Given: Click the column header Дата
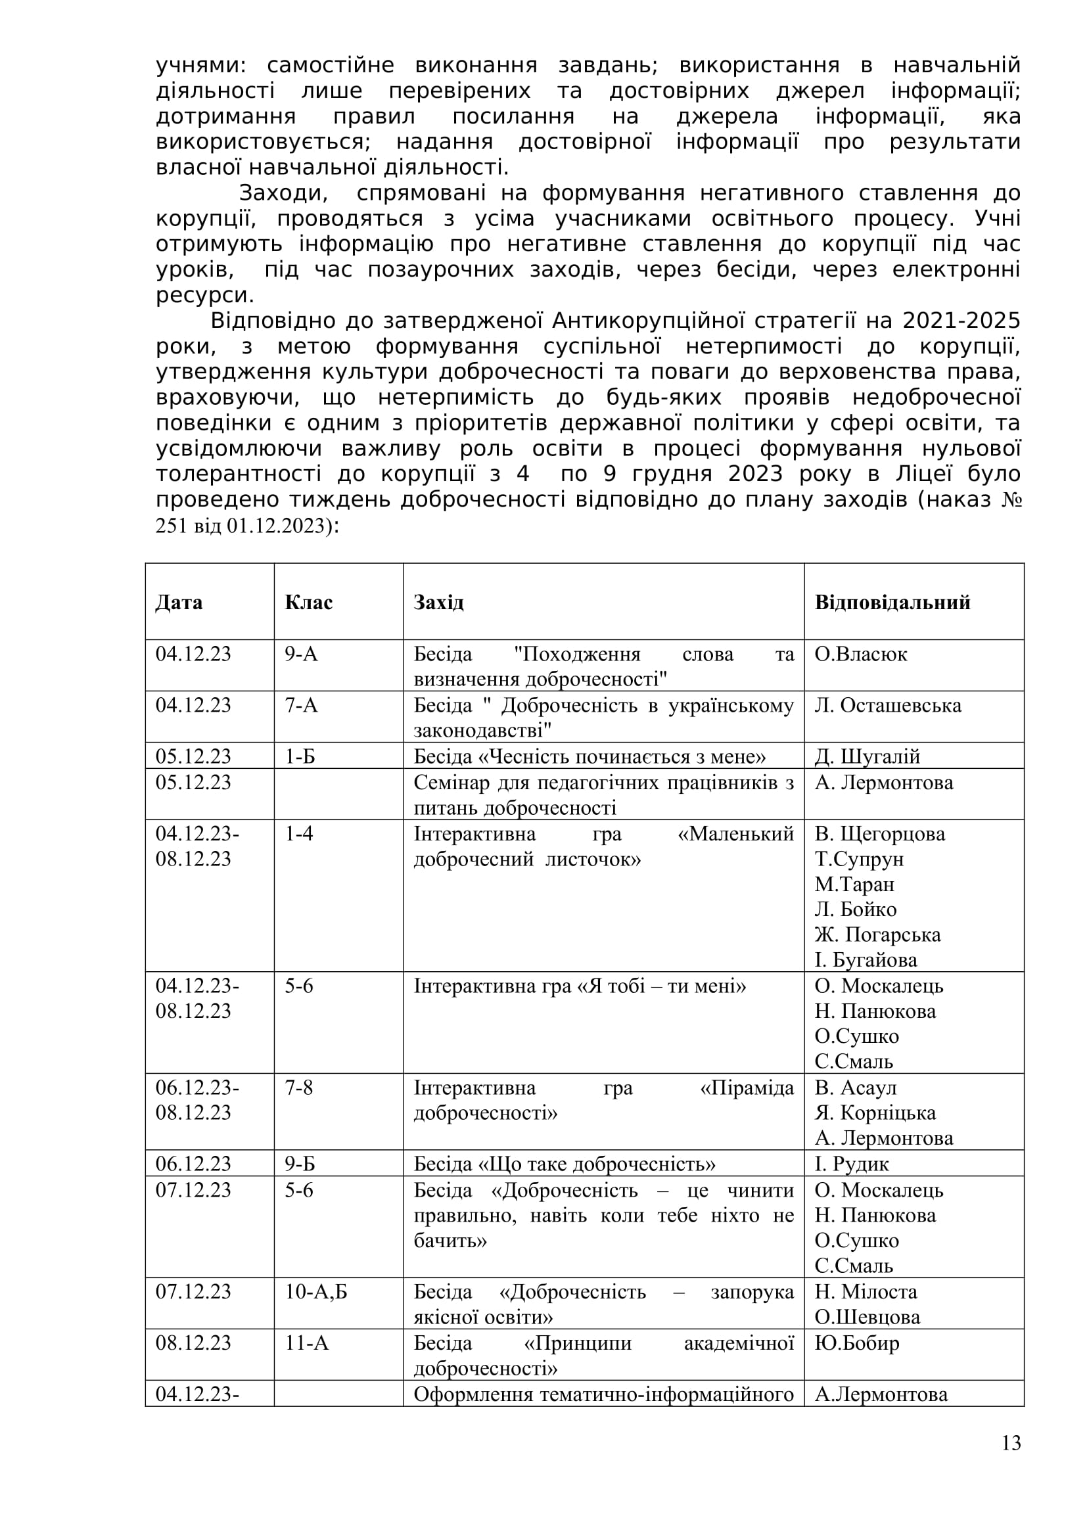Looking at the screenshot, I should coord(179,603).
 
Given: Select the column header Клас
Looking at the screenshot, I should coord(309,603).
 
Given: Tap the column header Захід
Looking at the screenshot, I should coord(438,603).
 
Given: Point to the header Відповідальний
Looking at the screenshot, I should coord(892,603).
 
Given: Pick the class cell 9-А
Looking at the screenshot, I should coord(301,654).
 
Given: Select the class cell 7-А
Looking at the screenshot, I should coord(301,705).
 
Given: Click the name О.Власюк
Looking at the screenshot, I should coord(861,654).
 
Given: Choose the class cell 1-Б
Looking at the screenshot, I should coord(300,756).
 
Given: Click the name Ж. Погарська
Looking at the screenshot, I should coord(877,934).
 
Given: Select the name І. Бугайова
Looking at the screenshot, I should coord(866,960).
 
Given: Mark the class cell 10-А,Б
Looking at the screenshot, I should coord(316,1292).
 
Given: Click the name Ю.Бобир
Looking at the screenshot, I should coord(857,1344).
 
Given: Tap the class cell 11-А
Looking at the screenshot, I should coord(306,1344).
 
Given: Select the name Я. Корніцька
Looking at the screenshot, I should coord(875,1113).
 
